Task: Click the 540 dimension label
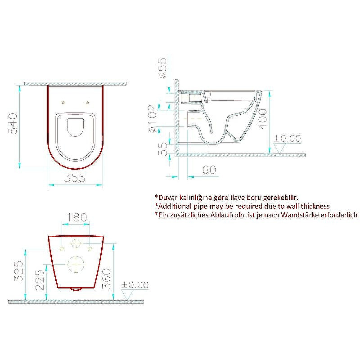coord(13,123)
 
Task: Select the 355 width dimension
coord(75,178)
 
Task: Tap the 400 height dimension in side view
coord(263,119)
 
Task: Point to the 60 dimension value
coord(209,170)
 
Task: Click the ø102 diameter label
coord(153,118)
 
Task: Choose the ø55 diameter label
coord(162,68)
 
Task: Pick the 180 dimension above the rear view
coord(76,217)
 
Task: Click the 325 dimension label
coord(19,271)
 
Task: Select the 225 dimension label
coord(40,280)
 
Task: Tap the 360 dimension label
coord(106,279)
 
